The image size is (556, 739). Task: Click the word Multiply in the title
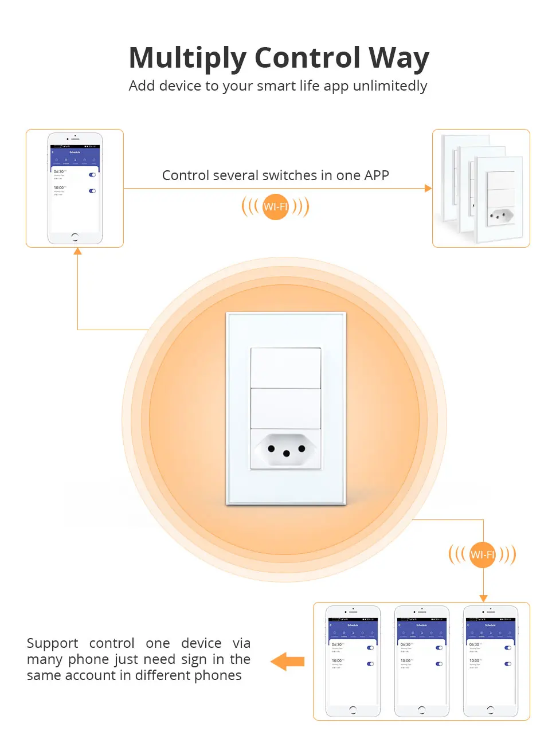point(188,58)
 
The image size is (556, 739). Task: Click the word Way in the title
point(398,58)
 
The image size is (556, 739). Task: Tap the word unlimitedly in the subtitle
point(390,86)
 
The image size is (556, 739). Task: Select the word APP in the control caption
point(376,175)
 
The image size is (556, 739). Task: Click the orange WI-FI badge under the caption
point(276,206)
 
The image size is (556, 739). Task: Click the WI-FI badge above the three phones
point(482,554)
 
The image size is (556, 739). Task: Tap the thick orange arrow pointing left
point(288,661)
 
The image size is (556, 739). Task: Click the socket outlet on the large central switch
point(285,450)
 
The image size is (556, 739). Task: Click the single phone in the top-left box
point(75,189)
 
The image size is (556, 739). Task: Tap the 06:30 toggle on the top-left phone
point(92,175)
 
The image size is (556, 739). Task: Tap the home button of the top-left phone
point(75,237)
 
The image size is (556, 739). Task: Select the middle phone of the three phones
point(421,661)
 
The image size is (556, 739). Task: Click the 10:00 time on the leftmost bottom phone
point(336,660)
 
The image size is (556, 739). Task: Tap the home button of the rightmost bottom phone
point(490,710)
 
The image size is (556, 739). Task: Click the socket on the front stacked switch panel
point(500,216)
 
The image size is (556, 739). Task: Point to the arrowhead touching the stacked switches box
point(428,188)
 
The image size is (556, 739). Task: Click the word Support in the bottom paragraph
point(52,643)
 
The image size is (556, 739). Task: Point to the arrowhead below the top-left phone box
point(78,251)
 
